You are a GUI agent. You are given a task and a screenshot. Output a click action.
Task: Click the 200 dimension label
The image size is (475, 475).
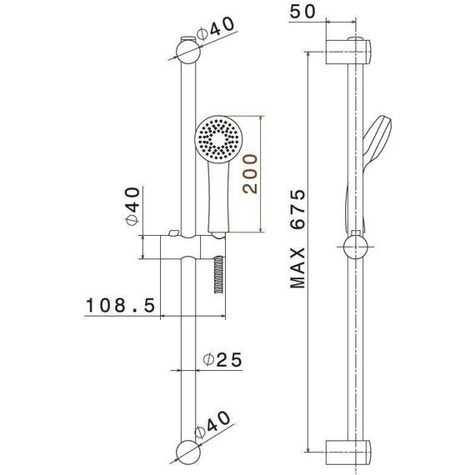[250, 173]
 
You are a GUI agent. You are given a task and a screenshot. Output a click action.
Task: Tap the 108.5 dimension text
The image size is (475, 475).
[121, 305]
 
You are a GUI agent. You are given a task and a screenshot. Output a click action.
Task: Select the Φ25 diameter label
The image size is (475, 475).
[223, 359]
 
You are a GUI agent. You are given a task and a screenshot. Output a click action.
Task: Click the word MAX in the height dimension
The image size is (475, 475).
[297, 267]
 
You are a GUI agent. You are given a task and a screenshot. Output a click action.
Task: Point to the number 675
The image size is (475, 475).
[297, 209]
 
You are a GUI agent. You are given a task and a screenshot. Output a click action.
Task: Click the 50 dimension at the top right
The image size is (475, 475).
[302, 12]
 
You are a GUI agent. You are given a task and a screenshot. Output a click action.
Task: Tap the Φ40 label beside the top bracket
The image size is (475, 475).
[215, 28]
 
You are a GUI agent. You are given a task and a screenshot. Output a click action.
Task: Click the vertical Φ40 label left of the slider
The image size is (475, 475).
[132, 206]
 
